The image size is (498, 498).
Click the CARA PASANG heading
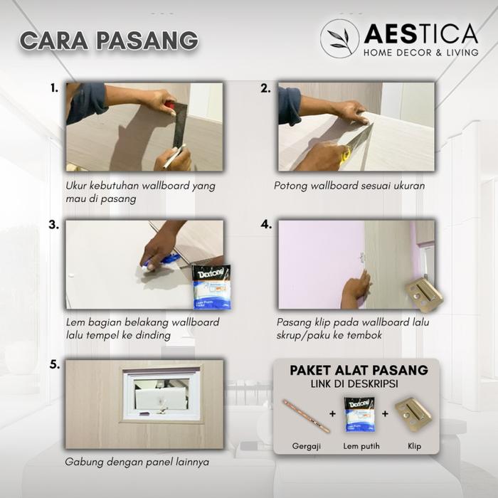(109, 41)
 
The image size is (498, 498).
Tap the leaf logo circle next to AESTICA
(339, 38)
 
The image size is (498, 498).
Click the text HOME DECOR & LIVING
(421, 53)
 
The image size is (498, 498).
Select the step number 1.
(54, 88)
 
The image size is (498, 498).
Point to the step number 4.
(266, 225)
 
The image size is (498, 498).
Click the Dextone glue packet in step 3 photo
(211, 287)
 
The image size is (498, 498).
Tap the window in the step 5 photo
(161, 396)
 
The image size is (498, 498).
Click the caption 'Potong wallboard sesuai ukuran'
(349, 186)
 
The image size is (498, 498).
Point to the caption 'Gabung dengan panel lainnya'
(137, 462)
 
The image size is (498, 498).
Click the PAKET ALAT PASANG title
(359, 371)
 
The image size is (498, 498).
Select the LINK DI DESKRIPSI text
(354, 384)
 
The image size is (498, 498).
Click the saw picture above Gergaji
(307, 415)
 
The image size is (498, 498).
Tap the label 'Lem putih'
(361, 446)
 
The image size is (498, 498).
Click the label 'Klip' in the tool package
(415, 446)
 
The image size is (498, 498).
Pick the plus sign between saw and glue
(332, 413)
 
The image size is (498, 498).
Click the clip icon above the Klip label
(413, 413)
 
